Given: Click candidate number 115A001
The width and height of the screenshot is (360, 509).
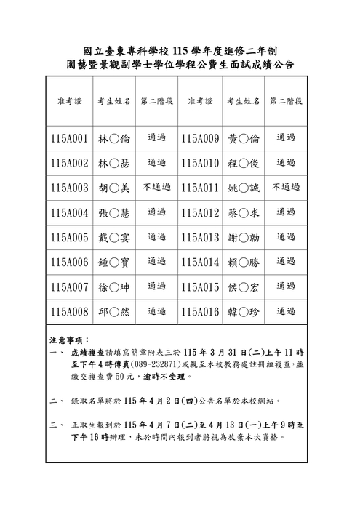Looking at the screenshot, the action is tap(70, 138).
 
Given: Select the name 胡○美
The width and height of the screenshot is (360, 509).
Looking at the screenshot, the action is tap(113, 188).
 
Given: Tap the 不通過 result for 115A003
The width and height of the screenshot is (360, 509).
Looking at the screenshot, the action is tap(157, 188).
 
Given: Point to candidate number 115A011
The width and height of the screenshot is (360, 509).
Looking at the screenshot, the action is tap(200, 188).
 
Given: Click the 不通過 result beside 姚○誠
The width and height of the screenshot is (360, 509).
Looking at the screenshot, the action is tap(286, 188).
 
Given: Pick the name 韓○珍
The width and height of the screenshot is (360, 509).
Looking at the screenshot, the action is tap(243, 311).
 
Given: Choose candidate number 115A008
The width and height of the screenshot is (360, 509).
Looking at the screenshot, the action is tap(70, 311).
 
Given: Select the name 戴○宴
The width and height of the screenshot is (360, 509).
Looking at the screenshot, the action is tap(113, 237).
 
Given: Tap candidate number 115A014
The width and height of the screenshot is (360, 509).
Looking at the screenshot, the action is tap(200, 262).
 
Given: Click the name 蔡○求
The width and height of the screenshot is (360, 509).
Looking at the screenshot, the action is tap(243, 212).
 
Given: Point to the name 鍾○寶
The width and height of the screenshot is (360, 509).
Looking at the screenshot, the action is tap(113, 262).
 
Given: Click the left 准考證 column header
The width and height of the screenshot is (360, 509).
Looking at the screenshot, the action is tap(70, 101).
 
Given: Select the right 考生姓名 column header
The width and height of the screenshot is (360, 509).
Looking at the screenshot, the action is tap(243, 101).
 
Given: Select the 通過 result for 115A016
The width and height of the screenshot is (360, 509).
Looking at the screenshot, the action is tap(286, 311).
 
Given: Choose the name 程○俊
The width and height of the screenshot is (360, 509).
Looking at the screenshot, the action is tap(243, 163).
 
